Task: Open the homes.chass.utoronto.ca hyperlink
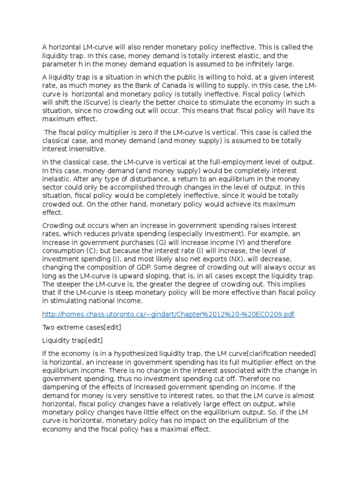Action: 168,314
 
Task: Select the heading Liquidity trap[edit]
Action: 73,340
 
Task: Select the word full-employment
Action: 216,162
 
